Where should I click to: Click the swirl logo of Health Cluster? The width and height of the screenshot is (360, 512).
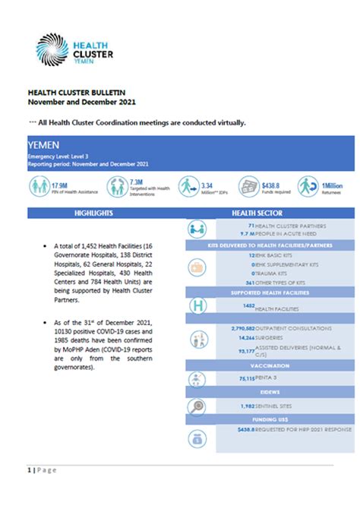tap(52, 49)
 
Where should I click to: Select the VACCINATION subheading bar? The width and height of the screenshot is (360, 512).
tap(270, 365)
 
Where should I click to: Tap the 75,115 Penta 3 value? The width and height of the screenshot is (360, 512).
tap(242, 377)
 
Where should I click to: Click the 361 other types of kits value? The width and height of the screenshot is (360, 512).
tap(246, 282)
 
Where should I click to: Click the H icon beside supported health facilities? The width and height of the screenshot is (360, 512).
tap(198, 305)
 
